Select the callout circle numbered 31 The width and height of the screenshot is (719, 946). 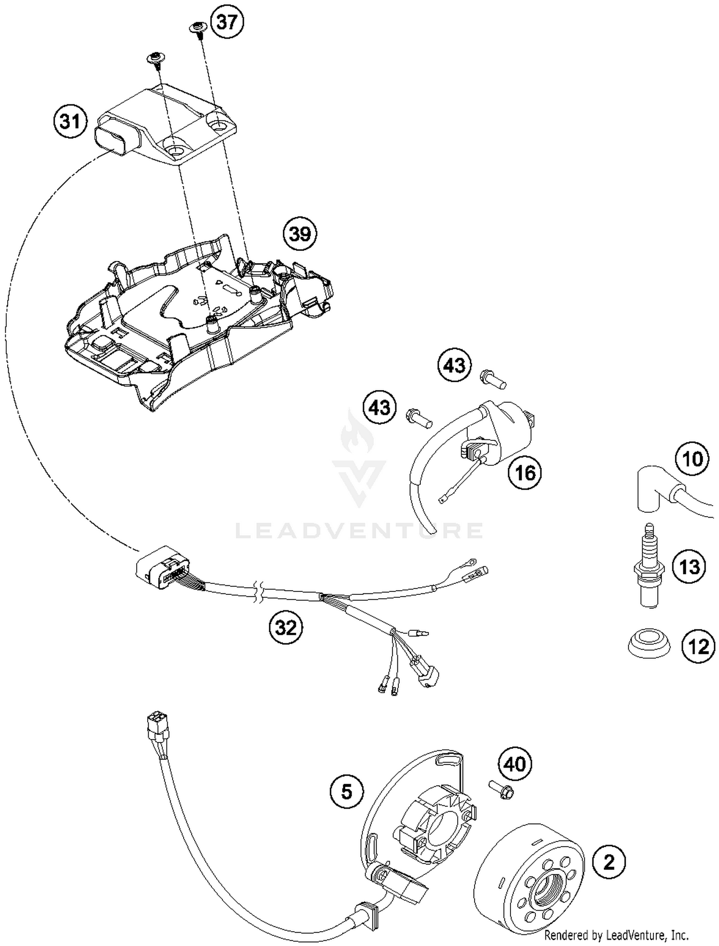point(70,121)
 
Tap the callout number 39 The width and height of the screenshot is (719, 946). point(300,234)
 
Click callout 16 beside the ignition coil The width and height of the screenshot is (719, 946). point(524,473)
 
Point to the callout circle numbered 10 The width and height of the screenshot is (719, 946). point(692,459)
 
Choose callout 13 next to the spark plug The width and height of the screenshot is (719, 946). point(689,567)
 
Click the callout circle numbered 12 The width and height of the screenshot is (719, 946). point(697,647)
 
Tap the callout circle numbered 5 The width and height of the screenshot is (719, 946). point(347,791)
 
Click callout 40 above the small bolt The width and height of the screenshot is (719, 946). point(515,764)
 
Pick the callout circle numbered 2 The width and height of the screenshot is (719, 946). point(609,863)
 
